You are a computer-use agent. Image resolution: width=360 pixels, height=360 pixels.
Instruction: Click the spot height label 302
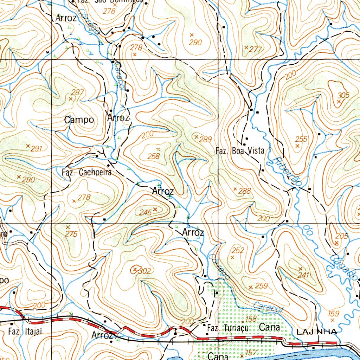(x=144, y=271)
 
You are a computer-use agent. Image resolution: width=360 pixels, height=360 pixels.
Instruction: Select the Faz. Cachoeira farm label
(x=86, y=172)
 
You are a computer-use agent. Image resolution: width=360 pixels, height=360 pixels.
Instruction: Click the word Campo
(x=79, y=120)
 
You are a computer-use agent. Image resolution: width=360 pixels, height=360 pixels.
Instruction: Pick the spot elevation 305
(x=343, y=95)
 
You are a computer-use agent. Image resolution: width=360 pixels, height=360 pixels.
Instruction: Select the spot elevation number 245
(x=145, y=212)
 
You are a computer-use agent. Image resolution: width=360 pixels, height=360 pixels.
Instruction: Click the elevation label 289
(x=205, y=140)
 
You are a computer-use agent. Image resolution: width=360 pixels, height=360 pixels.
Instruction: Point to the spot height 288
(x=245, y=192)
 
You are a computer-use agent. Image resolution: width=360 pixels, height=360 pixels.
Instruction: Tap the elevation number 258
(x=154, y=156)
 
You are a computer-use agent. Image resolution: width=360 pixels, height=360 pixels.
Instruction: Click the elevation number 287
(x=77, y=92)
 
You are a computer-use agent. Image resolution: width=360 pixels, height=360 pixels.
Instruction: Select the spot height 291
(x=36, y=149)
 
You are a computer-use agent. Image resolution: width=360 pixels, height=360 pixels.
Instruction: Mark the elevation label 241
(x=303, y=275)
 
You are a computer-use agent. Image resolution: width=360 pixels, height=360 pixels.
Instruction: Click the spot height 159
(x=333, y=313)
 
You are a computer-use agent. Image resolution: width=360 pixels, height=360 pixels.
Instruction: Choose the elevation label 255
(x=301, y=139)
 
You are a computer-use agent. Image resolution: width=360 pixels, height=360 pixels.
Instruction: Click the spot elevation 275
(x=71, y=234)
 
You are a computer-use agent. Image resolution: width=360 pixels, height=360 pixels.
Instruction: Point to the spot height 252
(x=238, y=250)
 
